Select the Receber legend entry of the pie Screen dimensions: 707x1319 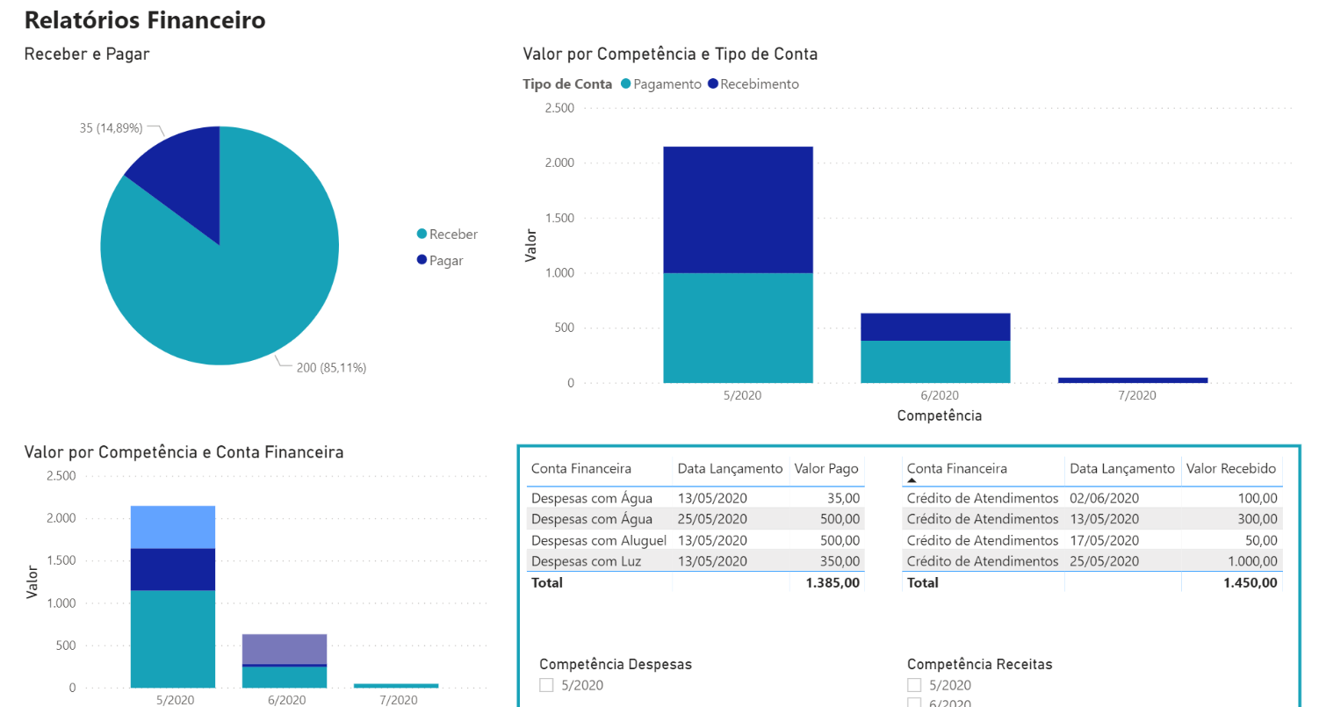(453, 234)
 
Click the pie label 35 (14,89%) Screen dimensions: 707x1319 (111, 128)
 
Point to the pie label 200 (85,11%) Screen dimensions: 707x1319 (331, 368)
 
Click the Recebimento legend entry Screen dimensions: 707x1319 (758, 84)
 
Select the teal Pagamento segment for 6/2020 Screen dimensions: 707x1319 (935, 361)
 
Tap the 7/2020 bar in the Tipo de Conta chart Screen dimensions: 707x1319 (1133, 379)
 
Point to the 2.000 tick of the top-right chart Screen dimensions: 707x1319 (559, 163)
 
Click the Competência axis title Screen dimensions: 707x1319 (939, 415)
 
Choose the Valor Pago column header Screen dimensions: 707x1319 (825, 469)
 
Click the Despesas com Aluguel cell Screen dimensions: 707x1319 (599, 540)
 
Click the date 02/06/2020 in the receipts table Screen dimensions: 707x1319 (1103, 498)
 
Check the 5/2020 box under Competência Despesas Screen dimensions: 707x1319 (546, 685)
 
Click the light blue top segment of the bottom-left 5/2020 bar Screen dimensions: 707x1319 (173, 527)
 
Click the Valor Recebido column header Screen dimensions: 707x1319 (1230, 469)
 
